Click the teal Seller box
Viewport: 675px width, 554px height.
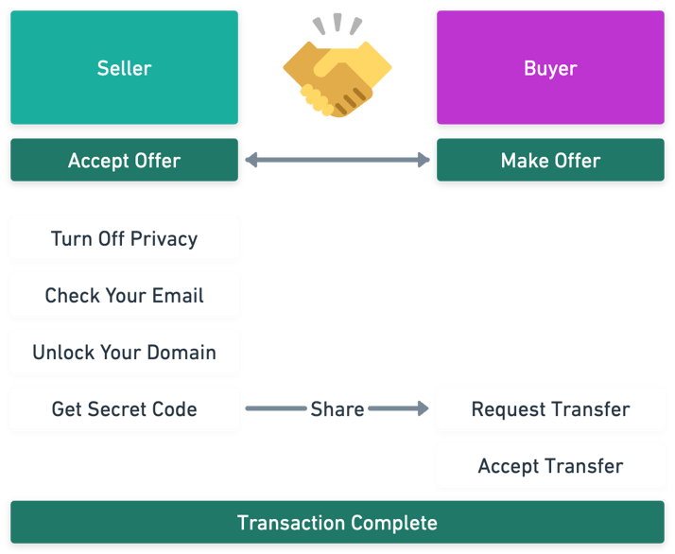(x=124, y=68)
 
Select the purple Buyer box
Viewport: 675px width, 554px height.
(x=550, y=68)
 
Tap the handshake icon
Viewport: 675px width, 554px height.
(x=337, y=72)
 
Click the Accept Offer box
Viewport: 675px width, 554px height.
(x=124, y=161)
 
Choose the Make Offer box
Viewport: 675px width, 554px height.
(x=550, y=161)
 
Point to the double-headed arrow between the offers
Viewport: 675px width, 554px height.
(x=337, y=162)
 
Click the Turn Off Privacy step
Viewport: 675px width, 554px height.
(x=124, y=238)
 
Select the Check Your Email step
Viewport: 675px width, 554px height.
(x=124, y=295)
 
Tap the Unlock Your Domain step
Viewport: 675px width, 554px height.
(x=124, y=353)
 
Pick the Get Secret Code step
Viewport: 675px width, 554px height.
(x=124, y=409)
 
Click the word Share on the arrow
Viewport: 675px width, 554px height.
(x=337, y=409)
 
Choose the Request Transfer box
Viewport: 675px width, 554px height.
(x=550, y=409)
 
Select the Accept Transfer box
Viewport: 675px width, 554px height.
(x=550, y=466)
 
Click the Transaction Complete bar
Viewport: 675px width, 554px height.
(x=337, y=523)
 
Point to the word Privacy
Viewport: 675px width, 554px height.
(x=164, y=239)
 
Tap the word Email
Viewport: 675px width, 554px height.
(x=179, y=295)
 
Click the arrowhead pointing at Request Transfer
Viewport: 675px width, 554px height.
(x=423, y=409)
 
